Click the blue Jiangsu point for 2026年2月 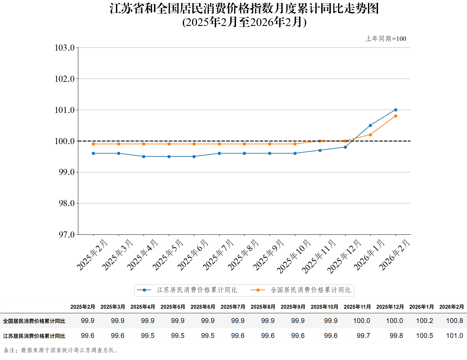pos(396,110)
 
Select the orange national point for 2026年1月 pos(370,135)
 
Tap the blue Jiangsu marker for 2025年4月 pos(144,156)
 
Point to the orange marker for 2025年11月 pos(320,141)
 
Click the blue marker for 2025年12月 pos(345,147)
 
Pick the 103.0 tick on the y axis pos(65,48)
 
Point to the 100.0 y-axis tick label pos(65,141)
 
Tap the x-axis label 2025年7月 pos(218,255)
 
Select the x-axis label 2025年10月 pos(294,256)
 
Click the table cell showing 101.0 pos(454,336)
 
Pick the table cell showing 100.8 pos(454,321)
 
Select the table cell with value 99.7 pos(363,336)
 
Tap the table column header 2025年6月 pos(203,307)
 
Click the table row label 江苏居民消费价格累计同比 pos(34,336)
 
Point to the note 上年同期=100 pos(386,39)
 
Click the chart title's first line pos(244,8)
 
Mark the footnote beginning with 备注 pos(61,350)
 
